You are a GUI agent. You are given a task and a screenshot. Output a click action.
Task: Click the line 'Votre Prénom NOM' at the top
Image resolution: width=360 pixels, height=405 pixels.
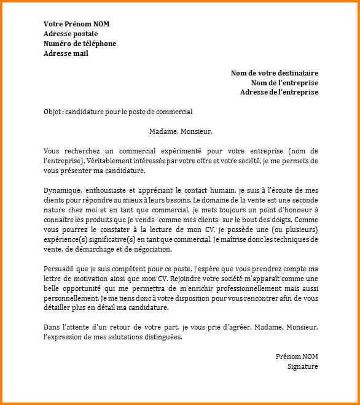[77, 24]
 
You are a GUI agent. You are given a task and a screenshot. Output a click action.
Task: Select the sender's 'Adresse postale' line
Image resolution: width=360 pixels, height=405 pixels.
[71, 34]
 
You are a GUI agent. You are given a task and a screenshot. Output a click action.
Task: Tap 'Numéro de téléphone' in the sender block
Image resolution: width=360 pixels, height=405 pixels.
[80, 44]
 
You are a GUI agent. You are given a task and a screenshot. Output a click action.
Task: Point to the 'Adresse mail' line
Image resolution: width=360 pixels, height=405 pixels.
[66, 53]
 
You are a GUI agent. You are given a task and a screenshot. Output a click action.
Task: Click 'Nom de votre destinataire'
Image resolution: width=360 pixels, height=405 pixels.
[275, 73]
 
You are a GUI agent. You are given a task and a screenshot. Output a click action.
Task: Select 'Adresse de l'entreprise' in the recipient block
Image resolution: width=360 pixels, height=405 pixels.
[279, 92]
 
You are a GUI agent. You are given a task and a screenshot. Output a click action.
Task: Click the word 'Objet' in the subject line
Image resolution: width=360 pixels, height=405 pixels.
[53, 112]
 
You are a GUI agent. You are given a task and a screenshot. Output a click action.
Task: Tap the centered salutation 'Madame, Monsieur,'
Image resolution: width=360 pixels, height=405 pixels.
[180, 131]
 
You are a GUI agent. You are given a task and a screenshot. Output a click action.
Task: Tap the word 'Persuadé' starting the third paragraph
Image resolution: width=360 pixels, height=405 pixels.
[59, 269]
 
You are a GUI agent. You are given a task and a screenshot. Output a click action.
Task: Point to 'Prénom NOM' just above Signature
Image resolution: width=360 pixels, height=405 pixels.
[297, 357]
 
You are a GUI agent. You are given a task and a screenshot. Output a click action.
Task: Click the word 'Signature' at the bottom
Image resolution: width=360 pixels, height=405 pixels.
[303, 367]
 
